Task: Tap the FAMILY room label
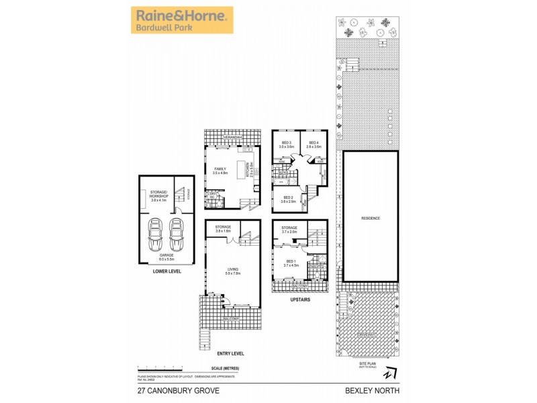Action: tap(220, 171)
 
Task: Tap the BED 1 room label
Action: tap(289, 262)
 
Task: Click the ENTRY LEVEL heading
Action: tap(231, 353)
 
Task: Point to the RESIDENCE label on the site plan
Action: tap(370, 218)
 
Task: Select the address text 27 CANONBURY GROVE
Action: tap(167, 389)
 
